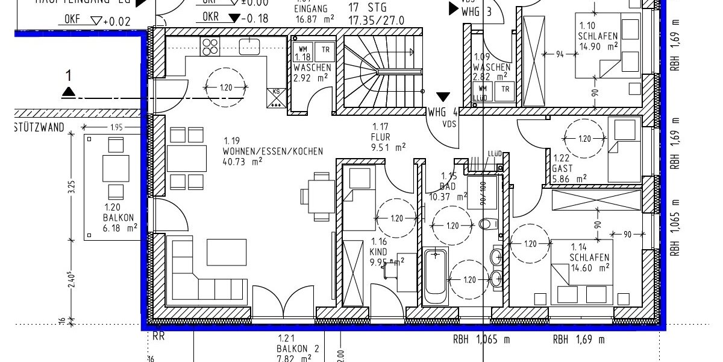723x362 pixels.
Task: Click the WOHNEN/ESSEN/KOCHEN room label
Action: (x=272, y=151)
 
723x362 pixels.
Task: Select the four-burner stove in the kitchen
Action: (x=210, y=46)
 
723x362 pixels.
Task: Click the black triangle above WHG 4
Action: (x=443, y=97)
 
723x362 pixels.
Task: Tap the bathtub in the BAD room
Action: (x=435, y=277)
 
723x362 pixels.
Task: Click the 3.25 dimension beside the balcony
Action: (x=71, y=187)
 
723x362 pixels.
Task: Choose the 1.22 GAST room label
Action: (x=563, y=164)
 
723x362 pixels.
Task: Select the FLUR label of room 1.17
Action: (x=381, y=136)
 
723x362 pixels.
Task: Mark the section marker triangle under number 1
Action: (x=69, y=92)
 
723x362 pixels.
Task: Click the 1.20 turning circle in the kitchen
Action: (x=226, y=88)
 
